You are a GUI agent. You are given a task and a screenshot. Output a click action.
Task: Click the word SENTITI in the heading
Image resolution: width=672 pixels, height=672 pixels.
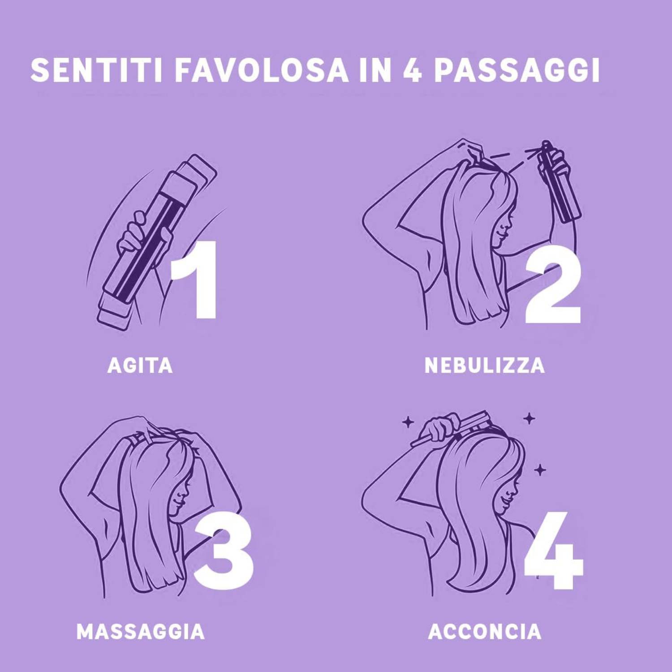pos(96,70)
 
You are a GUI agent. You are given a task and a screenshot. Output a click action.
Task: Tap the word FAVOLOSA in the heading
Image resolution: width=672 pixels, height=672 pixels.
pos(262,70)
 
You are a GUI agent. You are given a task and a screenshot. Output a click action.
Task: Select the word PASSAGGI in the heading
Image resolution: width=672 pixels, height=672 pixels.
pos(517,70)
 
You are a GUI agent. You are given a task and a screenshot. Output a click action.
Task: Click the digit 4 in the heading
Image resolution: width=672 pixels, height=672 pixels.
pos(412,70)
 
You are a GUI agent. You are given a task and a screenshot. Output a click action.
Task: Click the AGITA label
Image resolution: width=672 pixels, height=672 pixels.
pos(140,365)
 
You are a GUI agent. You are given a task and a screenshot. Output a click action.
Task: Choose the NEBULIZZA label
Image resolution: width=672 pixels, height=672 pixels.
pos(485,365)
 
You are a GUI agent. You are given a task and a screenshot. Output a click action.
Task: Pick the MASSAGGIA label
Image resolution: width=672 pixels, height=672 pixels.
pos(141,632)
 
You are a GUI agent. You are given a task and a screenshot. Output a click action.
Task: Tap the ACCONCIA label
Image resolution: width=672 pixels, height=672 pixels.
pos(485,632)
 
